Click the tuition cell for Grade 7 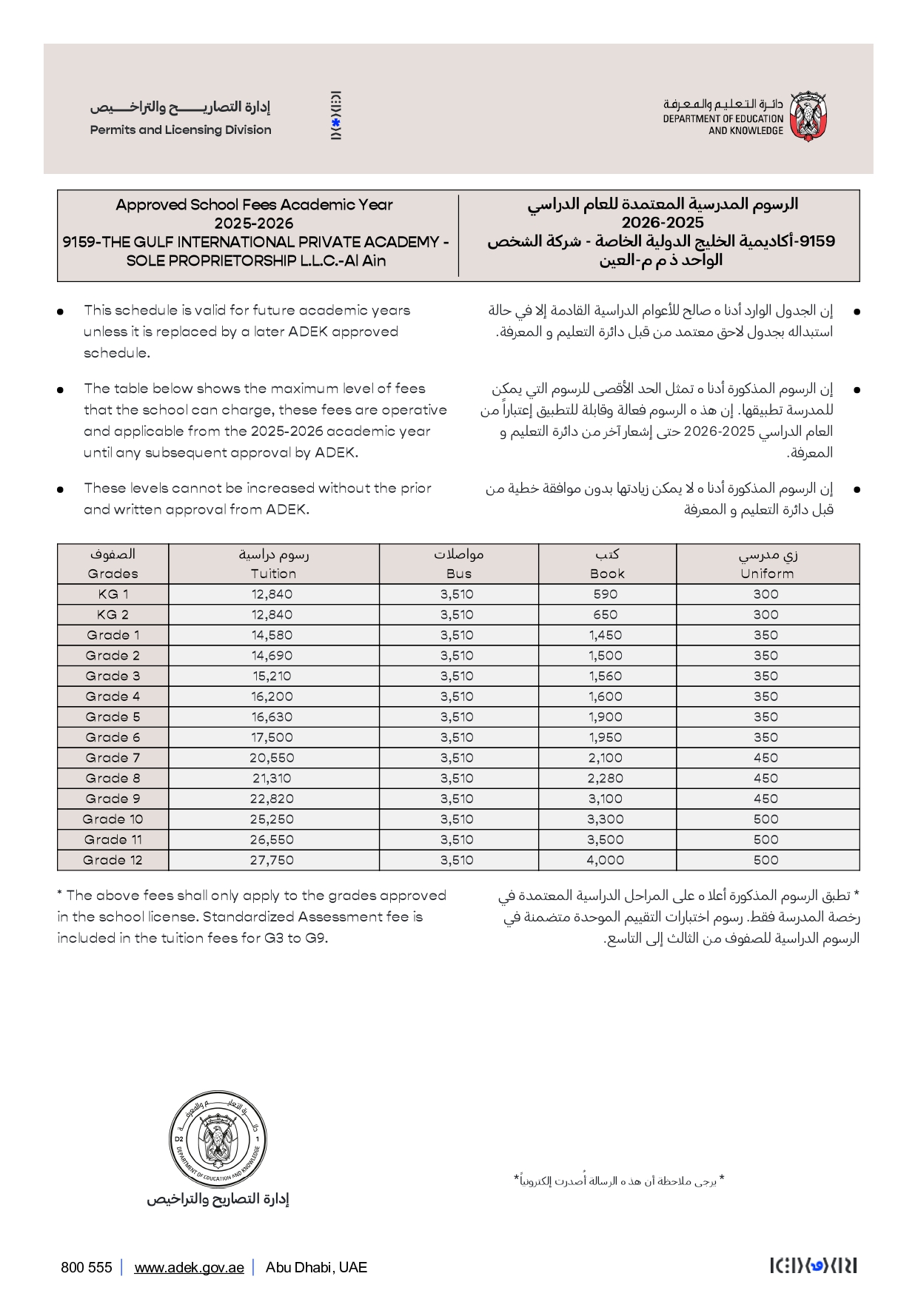coord(272,758)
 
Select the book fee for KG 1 coord(605,594)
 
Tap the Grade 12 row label coord(113,860)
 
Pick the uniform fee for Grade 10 coord(765,819)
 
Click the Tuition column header coord(273,573)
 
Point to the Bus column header coord(458,573)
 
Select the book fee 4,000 coord(605,860)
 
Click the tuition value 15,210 coord(272,676)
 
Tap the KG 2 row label coord(113,614)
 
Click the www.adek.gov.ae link coord(189,1267)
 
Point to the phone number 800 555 coord(87,1267)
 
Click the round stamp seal coord(218,1139)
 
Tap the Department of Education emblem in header coord(808,117)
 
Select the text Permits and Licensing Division coord(181,130)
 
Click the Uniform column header coord(767,573)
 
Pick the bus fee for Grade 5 coord(457,716)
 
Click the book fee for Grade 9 coord(605,799)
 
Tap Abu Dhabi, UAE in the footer coord(316,1267)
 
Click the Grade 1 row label coord(113,635)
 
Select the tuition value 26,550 coord(272,839)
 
